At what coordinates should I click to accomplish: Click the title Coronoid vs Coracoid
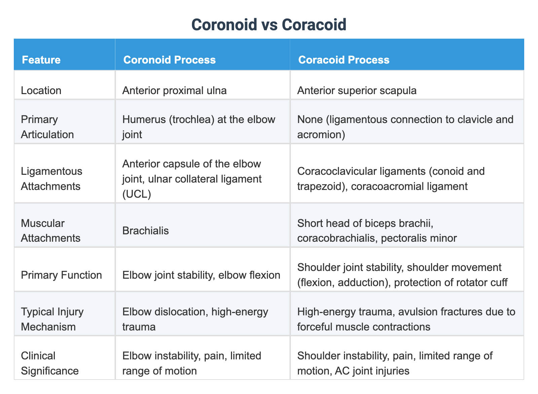(x=269, y=25)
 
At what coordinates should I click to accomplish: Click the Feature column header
(x=41, y=60)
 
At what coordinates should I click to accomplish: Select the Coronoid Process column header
(x=169, y=60)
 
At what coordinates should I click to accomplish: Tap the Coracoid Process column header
(x=344, y=60)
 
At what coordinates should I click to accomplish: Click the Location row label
(x=41, y=90)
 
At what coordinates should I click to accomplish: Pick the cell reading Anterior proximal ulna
(x=174, y=90)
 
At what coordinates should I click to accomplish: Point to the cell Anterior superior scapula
(x=357, y=90)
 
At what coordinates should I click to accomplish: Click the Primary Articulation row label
(x=47, y=127)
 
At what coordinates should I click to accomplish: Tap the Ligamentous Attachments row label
(x=51, y=179)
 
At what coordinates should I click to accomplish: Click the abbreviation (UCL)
(x=137, y=194)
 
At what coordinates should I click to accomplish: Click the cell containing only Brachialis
(x=145, y=231)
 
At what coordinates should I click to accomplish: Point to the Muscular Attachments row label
(x=50, y=231)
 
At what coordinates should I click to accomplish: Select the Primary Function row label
(x=61, y=275)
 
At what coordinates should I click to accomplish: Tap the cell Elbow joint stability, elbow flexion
(x=201, y=275)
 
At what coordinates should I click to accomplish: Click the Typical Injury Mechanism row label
(x=52, y=319)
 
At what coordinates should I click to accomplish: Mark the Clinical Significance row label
(x=49, y=363)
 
